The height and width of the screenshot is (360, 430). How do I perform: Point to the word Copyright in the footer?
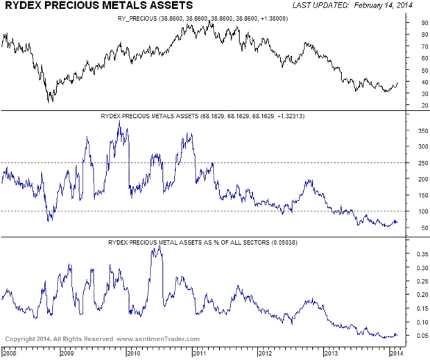click(x=21, y=339)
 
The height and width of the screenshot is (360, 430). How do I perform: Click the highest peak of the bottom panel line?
click(x=160, y=247)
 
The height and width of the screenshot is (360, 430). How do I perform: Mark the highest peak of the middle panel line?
click(x=119, y=121)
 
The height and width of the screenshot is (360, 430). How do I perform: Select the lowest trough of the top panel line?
click(x=49, y=103)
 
